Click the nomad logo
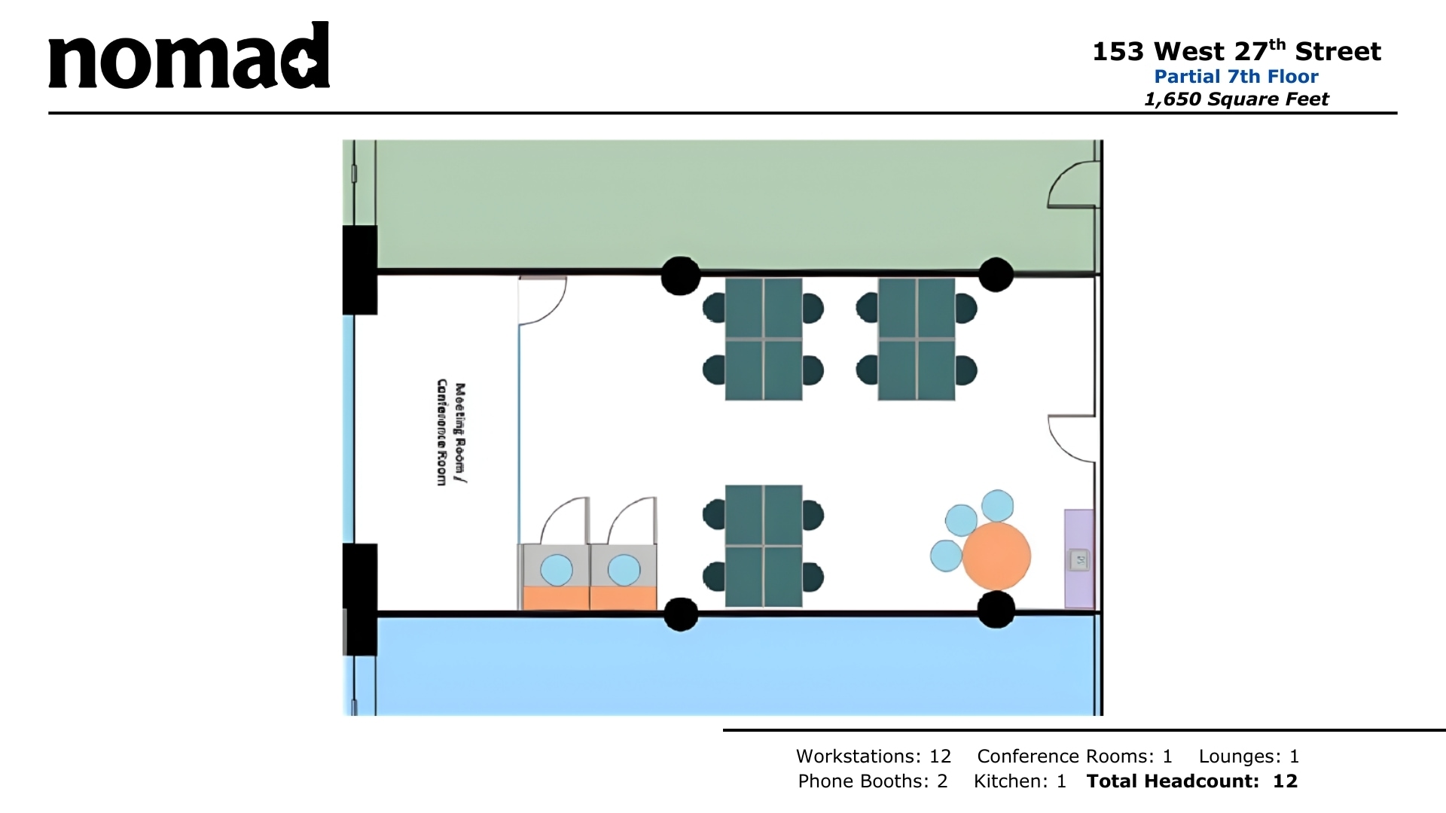pyautogui.click(x=189, y=57)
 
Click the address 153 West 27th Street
pyautogui.click(x=1236, y=51)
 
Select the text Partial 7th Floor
pyautogui.click(x=1236, y=76)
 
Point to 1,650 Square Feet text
pyautogui.click(x=1236, y=99)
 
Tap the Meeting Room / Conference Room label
pyautogui.click(x=451, y=433)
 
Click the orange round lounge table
pyautogui.click(x=996, y=556)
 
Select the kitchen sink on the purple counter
pyautogui.click(x=1079, y=559)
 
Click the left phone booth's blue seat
pyautogui.click(x=557, y=570)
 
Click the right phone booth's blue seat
pyautogui.click(x=624, y=570)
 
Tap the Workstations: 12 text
pyautogui.click(x=874, y=756)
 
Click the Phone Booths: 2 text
pyautogui.click(x=872, y=781)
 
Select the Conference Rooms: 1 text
pyautogui.click(x=1075, y=756)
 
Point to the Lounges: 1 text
pyautogui.click(x=1249, y=756)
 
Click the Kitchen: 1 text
pyautogui.click(x=1020, y=781)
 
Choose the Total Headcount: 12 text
pyautogui.click(x=1191, y=781)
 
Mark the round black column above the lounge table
pyautogui.click(x=996, y=275)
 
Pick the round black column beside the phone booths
pyautogui.click(x=681, y=614)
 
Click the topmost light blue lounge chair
pyautogui.click(x=997, y=505)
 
